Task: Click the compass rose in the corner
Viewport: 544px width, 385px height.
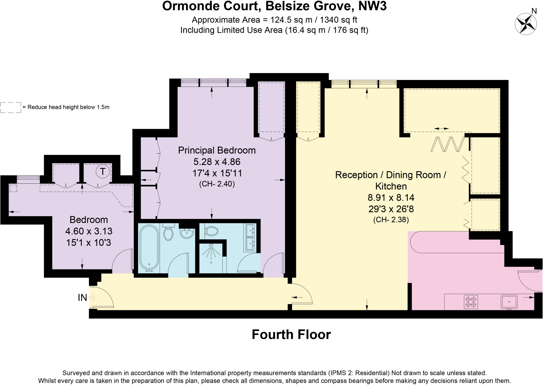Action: tap(525, 24)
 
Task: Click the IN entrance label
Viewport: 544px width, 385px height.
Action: tap(82, 298)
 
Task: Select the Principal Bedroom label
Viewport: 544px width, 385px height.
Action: tap(217, 150)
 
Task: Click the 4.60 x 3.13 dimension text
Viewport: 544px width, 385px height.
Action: tap(89, 231)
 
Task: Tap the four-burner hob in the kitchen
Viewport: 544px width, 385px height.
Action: tap(471, 302)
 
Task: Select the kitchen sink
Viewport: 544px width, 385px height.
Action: tap(509, 302)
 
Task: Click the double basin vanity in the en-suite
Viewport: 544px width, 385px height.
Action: tap(250, 237)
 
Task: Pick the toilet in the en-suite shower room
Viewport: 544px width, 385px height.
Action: tap(212, 231)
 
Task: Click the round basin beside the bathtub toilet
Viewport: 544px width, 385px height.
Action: tap(187, 234)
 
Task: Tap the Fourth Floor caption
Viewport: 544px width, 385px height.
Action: tap(291, 335)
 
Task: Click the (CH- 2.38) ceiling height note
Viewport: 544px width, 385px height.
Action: tap(391, 220)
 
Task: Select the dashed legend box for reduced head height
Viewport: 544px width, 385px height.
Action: tap(11, 107)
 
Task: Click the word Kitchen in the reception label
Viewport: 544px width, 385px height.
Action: tap(391, 186)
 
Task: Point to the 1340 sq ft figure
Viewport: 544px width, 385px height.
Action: tap(338, 20)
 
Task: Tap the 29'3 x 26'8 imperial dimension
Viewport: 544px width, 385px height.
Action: tap(391, 209)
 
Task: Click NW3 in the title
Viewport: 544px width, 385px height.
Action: tap(372, 6)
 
